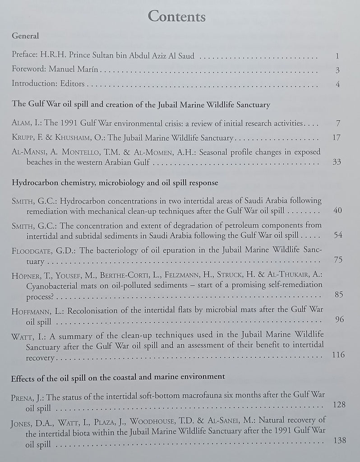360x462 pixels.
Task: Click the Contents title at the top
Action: click(x=177, y=17)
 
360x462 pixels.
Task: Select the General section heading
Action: click(x=25, y=36)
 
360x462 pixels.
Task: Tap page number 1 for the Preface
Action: click(x=337, y=56)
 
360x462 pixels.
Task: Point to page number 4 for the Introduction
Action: click(x=337, y=84)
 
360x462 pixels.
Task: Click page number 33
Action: click(x=337, y=162)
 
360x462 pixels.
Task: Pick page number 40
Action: click(x=338, y=211)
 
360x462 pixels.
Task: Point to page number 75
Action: click(x=338, y=259)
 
